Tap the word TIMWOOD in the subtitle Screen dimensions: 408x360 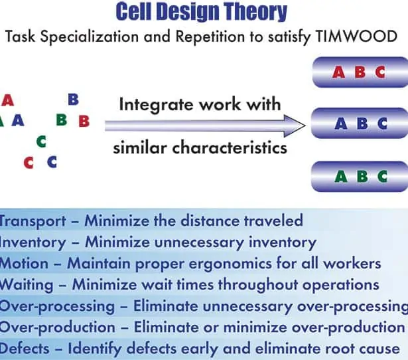click(x=356, y=37)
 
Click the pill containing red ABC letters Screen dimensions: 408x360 click(x=360, y=72)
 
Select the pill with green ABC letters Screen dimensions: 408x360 click(x=360, y=177)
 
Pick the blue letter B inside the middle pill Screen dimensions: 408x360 click(x=362, y=124)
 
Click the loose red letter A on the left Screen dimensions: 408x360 click(x=7, y=100)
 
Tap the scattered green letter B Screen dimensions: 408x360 click(x=62, y=120)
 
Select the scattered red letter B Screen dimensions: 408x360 click(x=84, y=121)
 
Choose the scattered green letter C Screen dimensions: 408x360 click(x=42, y=141)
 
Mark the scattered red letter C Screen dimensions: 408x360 click(x=29, y=163)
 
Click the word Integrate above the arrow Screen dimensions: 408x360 click(x=157, y=105)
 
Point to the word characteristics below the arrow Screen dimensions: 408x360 click(x=230, y=147)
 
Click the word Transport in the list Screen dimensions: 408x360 click(x=33, y=221)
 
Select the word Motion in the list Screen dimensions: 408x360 click(x=24, y=263)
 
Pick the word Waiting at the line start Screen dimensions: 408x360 click(x=27, y=285)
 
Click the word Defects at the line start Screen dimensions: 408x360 click(x=25, y=349)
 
